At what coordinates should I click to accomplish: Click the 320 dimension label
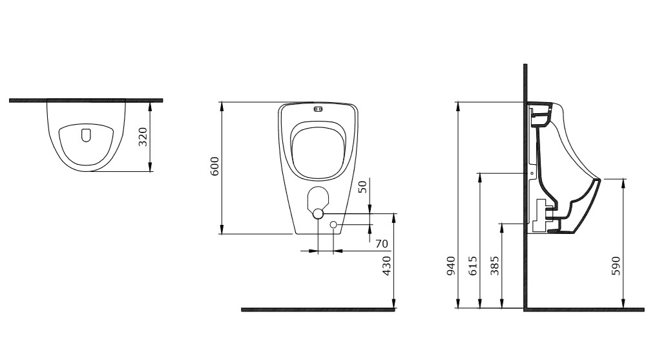point(143,137)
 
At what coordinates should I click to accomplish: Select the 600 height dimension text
point(214,166)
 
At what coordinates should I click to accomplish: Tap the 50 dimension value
point(362,187)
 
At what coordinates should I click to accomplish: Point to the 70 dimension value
point(382,244)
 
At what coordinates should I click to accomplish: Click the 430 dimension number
point(387,266)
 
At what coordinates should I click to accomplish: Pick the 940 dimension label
point(451,266)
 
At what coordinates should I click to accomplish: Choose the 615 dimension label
point(473,266)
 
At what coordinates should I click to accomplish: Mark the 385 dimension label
point(495,266)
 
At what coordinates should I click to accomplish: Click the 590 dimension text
point(616,266)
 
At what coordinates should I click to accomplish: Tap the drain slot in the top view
point(86,134)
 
